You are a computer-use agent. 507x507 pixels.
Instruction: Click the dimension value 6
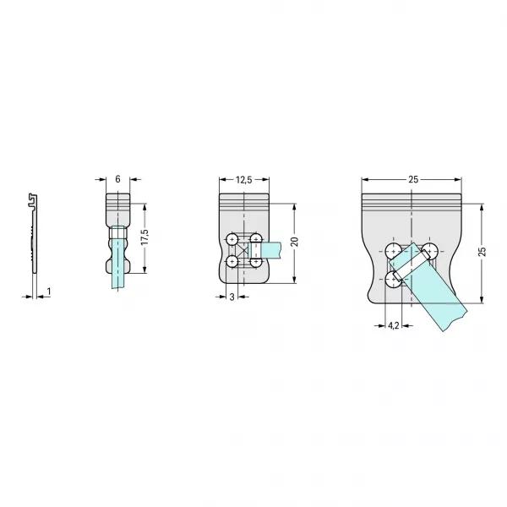pos(117,179)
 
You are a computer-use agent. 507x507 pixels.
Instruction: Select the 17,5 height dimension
pos(144,237)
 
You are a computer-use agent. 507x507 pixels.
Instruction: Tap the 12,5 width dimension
pos(244,179)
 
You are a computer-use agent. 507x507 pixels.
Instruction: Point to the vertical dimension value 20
pos(294,242)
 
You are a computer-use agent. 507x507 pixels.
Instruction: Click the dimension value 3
pos(232,297)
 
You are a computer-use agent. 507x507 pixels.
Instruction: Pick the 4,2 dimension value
pos(393,325)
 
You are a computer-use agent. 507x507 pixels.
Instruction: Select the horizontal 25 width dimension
pos(413,179)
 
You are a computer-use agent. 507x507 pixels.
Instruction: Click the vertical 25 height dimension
pos(482,252)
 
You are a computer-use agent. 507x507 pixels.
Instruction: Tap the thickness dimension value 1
pos(49,292)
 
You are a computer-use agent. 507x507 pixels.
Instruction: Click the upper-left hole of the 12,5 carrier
pos(232,240)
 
